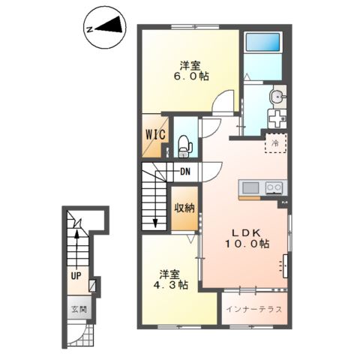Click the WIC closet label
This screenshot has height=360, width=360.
coord(155,135)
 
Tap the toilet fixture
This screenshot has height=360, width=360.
coord(184,146)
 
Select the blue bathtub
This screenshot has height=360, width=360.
coord(262,42)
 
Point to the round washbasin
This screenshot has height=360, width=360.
coord(277,96)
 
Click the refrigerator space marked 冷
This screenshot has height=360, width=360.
coord(276,143)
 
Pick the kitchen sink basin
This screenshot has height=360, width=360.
coord(250,188)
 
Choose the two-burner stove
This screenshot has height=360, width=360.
coord(274,187)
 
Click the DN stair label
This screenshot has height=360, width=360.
coord(185,172)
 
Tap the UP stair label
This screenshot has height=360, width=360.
coord(76,276)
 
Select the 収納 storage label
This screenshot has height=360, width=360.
coord(184,208)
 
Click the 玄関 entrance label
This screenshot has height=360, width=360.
coord(79,310)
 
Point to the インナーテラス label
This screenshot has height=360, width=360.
coord(254,309)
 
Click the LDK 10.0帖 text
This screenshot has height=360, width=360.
coord(247,238)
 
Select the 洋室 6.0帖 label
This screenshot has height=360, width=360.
coord(191,71)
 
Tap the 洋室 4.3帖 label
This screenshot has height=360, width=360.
coord(170,280)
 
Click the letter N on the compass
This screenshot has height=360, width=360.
coord(89,29)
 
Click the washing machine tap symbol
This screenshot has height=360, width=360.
coord(276,118)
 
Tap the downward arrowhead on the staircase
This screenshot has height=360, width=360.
coord(155,223)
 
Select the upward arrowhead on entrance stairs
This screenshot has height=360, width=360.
coord(76,234)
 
